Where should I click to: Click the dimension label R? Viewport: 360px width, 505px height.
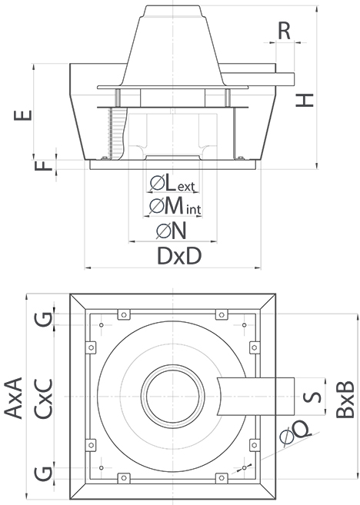tap(284, 31)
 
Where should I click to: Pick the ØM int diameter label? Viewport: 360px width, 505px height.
tap(174, 206)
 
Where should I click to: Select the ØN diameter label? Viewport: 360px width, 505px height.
tap(173, 231)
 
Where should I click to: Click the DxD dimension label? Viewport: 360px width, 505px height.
tap(178, 257)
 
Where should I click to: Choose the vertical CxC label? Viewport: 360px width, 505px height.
tap(45, 397)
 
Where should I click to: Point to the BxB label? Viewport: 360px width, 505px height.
tap(345, 397)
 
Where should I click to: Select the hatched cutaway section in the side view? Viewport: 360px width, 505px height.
tap(118, 134)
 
